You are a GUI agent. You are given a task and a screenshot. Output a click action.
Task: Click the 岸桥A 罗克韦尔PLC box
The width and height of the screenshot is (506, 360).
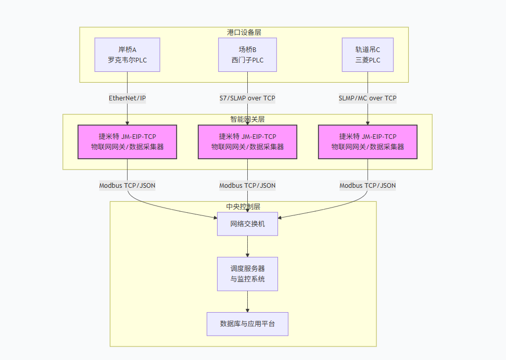pos(128,55)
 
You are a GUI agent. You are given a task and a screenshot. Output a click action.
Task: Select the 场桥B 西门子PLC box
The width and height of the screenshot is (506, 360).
pos(247,55)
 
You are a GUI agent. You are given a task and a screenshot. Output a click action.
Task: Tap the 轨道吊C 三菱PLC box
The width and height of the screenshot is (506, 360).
pos(368,55)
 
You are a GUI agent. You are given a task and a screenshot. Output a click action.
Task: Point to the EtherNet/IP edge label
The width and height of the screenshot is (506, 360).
pos(128,98)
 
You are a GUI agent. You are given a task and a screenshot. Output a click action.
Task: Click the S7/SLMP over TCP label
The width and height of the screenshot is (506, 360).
pos(247,98)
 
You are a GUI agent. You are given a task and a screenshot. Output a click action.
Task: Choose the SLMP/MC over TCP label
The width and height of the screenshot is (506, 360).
pos(368,98)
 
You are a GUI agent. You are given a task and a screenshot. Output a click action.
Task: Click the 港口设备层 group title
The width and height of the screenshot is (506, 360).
pos(244,32)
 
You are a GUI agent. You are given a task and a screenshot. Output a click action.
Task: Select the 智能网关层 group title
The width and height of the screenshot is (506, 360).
pos(247,119)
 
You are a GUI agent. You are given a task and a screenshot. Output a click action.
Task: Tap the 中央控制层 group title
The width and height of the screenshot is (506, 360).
pos(243,207)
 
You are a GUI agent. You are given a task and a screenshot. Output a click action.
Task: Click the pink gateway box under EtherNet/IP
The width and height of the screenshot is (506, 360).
pos(128,142)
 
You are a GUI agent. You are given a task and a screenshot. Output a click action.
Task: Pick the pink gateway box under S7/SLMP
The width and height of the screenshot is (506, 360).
pos(247,142)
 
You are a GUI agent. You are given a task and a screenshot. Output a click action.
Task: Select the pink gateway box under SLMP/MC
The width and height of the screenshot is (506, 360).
pos(368,142)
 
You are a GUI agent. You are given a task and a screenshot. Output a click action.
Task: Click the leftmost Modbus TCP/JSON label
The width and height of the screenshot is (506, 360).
pos(128,185)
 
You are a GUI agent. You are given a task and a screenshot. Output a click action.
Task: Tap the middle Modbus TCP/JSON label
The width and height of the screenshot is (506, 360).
pos(247,185)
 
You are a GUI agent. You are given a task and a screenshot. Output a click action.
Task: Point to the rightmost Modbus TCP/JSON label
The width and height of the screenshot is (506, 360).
pos(368,185)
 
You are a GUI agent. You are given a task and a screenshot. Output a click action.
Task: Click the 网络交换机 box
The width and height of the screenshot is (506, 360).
pos(247,224)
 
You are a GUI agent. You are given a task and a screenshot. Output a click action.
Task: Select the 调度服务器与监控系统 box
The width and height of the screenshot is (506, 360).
pos(247,274)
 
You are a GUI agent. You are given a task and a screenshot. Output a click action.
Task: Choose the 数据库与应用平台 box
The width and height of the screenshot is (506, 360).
pos(247,324)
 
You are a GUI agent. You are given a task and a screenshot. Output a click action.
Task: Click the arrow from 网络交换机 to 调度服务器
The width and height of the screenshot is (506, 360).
pos(247,246)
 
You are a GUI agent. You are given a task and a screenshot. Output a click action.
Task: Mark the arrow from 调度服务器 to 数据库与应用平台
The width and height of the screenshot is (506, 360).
pos(247,301)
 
